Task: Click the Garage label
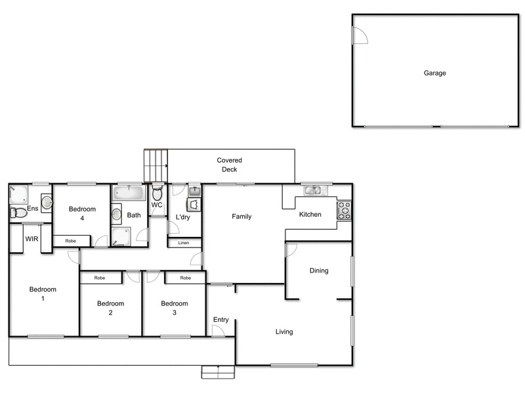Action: point(434,73)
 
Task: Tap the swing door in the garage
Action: point(360,36)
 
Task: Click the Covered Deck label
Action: point(230,165)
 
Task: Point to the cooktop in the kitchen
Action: point(344,210)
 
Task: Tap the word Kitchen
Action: point(310,215)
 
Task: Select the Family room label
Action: point(241,217)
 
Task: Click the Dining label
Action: point(319,271)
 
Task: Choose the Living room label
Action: point(284,332)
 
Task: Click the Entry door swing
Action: point(218,331)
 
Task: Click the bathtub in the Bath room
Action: point(128,193)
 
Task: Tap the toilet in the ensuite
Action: point(18,212)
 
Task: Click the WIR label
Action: point(31,239)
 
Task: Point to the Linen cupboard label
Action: point(184,243)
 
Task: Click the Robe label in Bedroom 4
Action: point(70,241)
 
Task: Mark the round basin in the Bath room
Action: point(116,213)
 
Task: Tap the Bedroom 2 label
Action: point(110,308)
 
